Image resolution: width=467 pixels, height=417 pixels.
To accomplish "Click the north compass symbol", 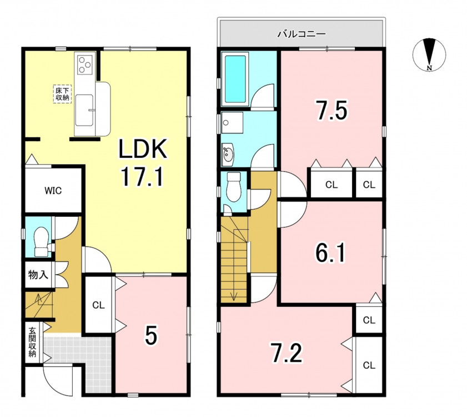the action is (x=429, y=55).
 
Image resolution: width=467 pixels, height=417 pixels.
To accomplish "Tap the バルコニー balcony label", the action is (x=302, y=34).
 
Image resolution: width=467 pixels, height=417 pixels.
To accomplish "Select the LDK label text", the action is (x=143, y=149).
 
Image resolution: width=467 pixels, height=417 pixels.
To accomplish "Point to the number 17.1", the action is (x=142, y=176).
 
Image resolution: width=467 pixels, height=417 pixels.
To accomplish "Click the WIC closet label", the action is (x=53, y=190).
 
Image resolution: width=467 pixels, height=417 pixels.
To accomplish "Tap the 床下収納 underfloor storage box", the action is (x=63, y=94).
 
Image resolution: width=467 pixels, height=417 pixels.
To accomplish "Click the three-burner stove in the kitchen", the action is (x=84, y=64).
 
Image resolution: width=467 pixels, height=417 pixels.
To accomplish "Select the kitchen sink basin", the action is (x=84, y=110).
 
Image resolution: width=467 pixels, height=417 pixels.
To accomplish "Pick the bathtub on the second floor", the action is (x=235, y=79).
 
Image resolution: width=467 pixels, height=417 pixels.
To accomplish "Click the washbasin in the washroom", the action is (x=228, y=154).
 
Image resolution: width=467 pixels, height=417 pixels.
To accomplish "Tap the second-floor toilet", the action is (x=233, y=188).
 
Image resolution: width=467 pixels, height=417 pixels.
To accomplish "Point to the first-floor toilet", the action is (x=42, y=242).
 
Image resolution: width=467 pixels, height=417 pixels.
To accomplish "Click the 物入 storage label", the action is (x=38, y=275).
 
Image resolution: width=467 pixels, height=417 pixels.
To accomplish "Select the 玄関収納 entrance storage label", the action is (x=32, y=342).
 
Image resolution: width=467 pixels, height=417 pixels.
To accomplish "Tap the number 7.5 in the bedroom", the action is (x=332, y=110).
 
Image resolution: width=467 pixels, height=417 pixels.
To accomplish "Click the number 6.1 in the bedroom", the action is (x=330, y=253).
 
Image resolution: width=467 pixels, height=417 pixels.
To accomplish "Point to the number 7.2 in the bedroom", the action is (x=287, y=353).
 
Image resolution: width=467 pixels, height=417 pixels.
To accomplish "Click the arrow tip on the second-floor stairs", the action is (x=234, y=299).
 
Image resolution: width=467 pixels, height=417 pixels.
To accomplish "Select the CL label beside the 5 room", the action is (x=99, y=305).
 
